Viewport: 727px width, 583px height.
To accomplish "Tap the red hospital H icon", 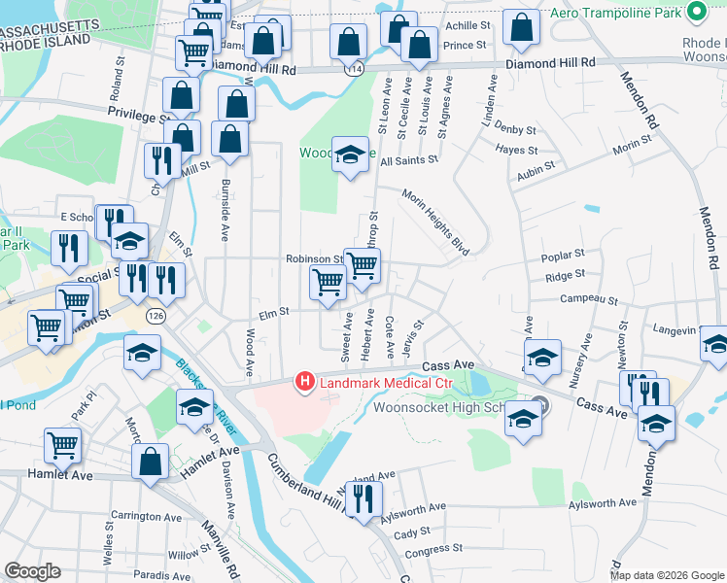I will point(305,382).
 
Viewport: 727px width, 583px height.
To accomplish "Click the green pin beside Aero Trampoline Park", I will point(696,13).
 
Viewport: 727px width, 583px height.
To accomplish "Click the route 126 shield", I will point(155,316).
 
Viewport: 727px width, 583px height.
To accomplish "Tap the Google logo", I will point(32,571).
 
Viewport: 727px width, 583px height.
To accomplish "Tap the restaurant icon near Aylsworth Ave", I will point(363,500).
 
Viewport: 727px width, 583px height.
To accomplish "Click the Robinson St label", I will point(314,259).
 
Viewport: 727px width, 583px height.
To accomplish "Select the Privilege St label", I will point(137,116).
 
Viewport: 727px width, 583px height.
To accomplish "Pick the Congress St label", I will point(433,550).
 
